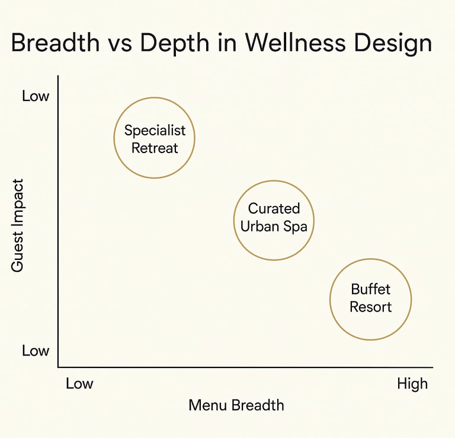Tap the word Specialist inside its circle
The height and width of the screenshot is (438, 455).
[x=155, y=131]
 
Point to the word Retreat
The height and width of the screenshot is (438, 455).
[x=155, y=148]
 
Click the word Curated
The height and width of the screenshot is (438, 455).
[x=274, y=209]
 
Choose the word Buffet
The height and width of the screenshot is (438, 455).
[x=370, y=290]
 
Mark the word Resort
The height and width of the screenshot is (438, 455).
[x=370, y=307]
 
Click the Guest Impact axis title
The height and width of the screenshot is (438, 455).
[x=17, y=226]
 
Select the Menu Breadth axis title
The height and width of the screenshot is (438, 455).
[x=236, y=406]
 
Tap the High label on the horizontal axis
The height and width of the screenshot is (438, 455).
[x=412, y=384]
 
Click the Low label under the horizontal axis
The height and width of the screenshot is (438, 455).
[x=79, y=384]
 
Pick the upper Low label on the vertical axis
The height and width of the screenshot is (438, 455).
[x=36, y=96]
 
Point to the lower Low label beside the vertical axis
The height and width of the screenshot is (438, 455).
[x=36, y=351]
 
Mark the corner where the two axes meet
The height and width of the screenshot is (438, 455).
[x=58, y=367]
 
